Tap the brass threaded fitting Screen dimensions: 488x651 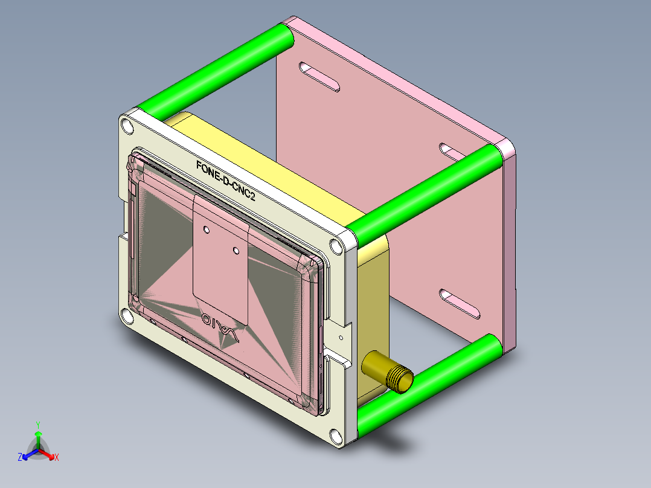pyautogui.click(x=387, y=372)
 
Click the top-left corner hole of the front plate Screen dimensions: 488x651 pyautogui.click(x=126, y=126)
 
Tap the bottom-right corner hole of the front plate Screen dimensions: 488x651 pyautogui.click(x=335, y=435)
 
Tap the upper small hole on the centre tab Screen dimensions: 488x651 pyautogui.click(x=207, y=230)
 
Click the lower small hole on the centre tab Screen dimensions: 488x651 pyautogui.click(x=236, y=249)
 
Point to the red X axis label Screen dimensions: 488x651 pyautogui.click(x=56, y=458)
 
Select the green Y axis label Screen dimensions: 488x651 pyautogui.click(x=37, y=425)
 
